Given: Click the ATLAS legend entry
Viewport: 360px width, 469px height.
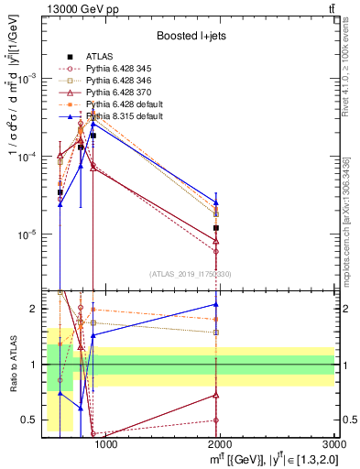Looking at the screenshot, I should (99, 56).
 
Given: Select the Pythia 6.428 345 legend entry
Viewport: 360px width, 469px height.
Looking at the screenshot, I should (116, 69).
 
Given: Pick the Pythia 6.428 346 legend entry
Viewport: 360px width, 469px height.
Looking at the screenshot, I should (116, 81).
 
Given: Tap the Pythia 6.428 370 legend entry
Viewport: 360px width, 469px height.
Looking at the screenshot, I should (116, 93).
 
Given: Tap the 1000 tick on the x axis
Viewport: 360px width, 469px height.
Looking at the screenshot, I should (106, 445).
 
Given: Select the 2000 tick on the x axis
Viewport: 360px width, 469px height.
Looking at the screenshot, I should (221, 445).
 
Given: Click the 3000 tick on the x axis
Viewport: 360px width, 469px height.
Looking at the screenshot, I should (335, 445).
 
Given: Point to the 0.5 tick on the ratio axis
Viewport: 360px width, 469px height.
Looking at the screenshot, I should (28, 420).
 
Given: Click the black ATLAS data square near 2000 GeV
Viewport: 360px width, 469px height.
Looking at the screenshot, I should (216, 228).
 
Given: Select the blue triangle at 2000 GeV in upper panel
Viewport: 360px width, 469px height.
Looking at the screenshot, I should (216, 202).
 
